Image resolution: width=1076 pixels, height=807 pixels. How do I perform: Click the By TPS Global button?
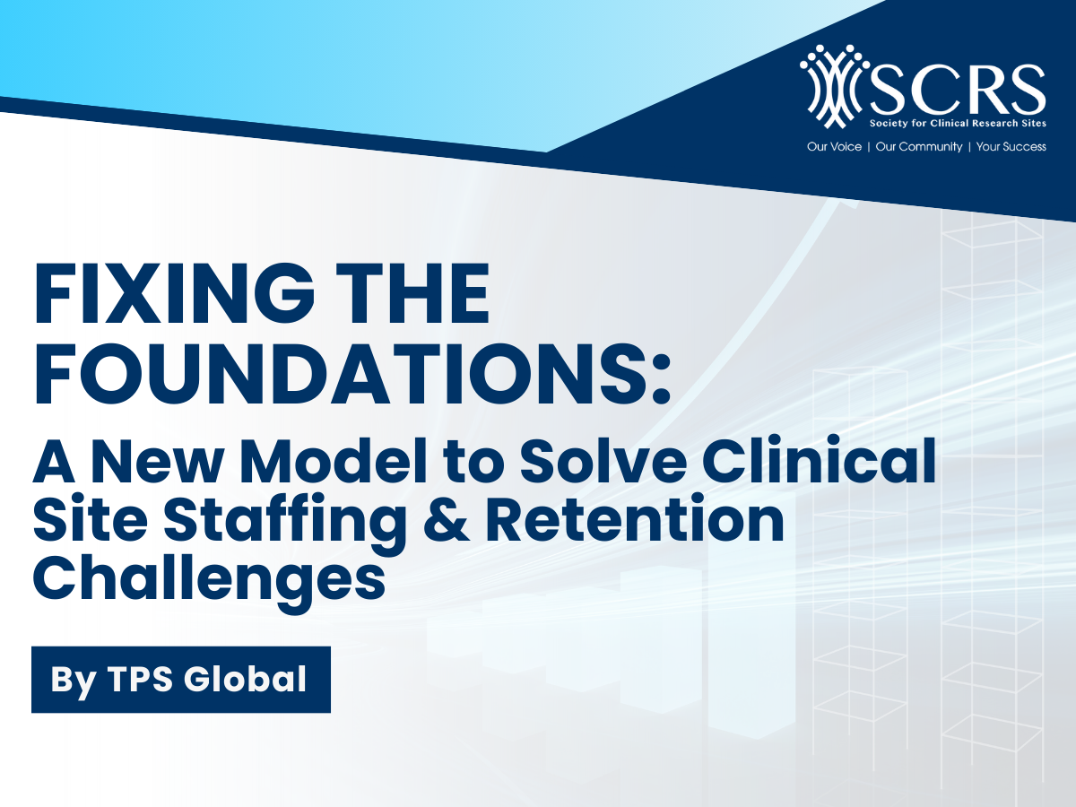(x=180, y=679)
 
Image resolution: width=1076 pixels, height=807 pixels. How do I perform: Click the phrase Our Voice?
(x=834, y=146)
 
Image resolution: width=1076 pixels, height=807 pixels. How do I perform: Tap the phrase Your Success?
(x=1011, y=146)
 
